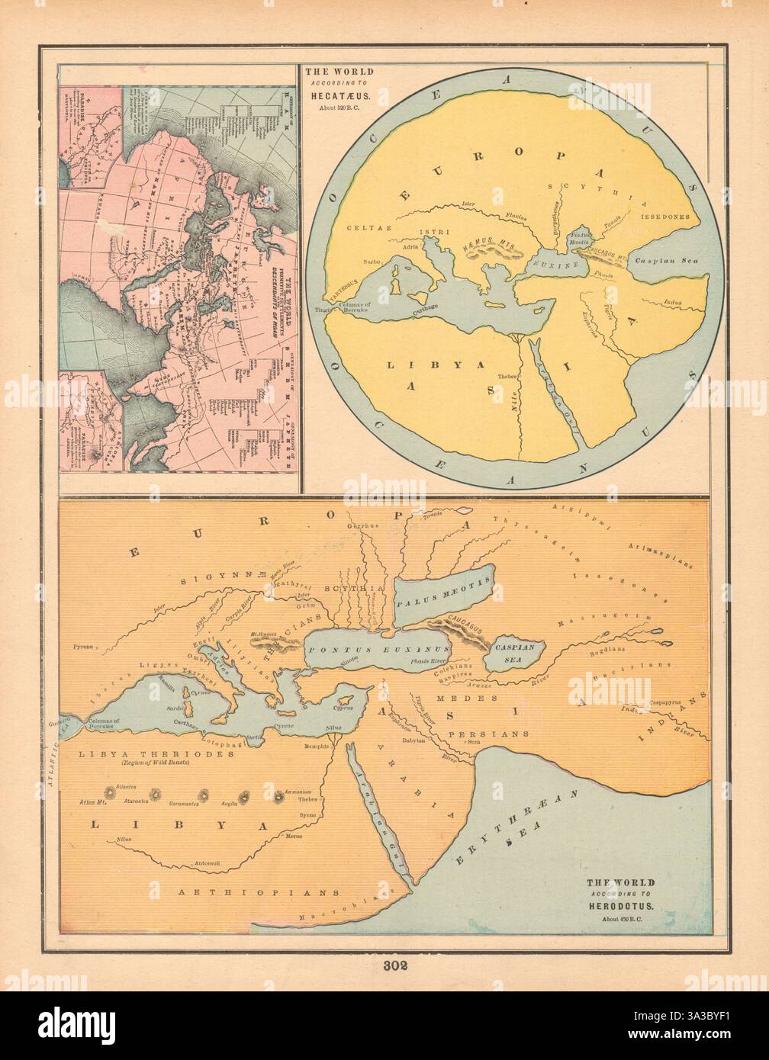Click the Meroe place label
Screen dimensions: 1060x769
coord(294,837)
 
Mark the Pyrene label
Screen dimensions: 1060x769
coord(82,647)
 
